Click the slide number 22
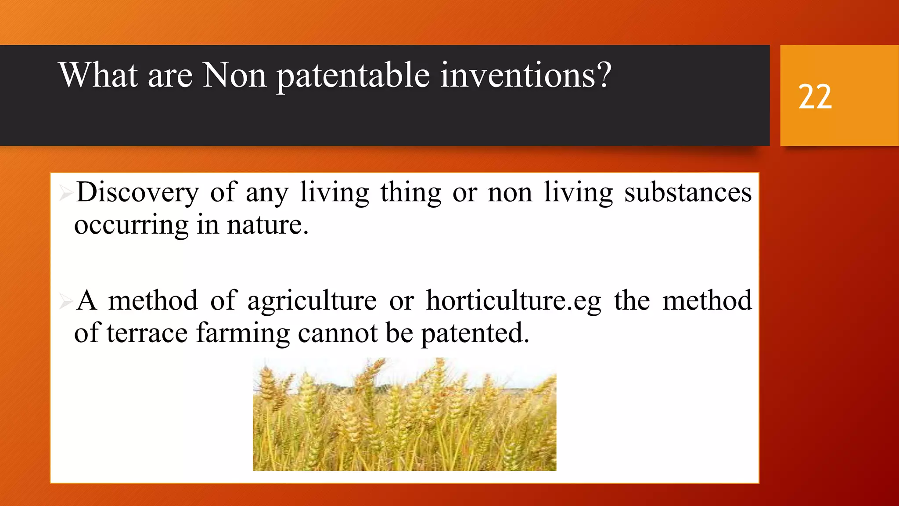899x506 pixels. pyautogui.click(x=815, y=97)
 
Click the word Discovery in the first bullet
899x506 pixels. pyautogui.click(x=137, y=193)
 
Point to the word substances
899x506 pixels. pyautogui.click(x=688, y=193)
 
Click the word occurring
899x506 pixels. pyautogui.click(x=131, y=225)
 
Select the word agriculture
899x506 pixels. pyautogui.click(x=312, y=301)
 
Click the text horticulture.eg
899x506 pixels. pyautogui.click(x=514, y=301)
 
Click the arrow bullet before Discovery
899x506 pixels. pyautogui.click(x=65, y=193)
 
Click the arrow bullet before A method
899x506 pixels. pyautogui.click(x=65, y=301)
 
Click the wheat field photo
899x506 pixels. pyautogui.click(x=404, y=415)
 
